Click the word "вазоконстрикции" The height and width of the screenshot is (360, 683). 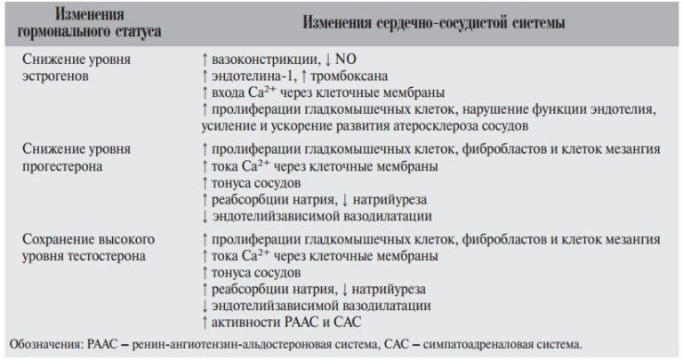257,60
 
